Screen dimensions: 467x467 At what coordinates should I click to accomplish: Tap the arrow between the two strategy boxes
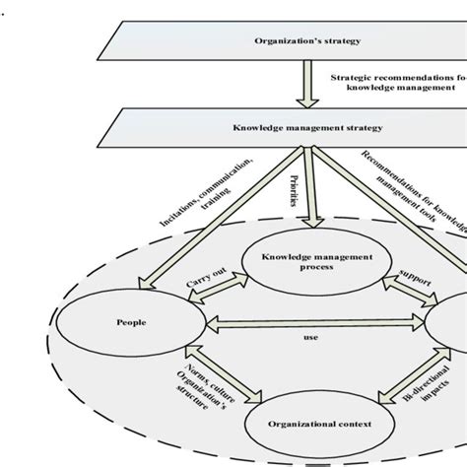pos(305,86)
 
